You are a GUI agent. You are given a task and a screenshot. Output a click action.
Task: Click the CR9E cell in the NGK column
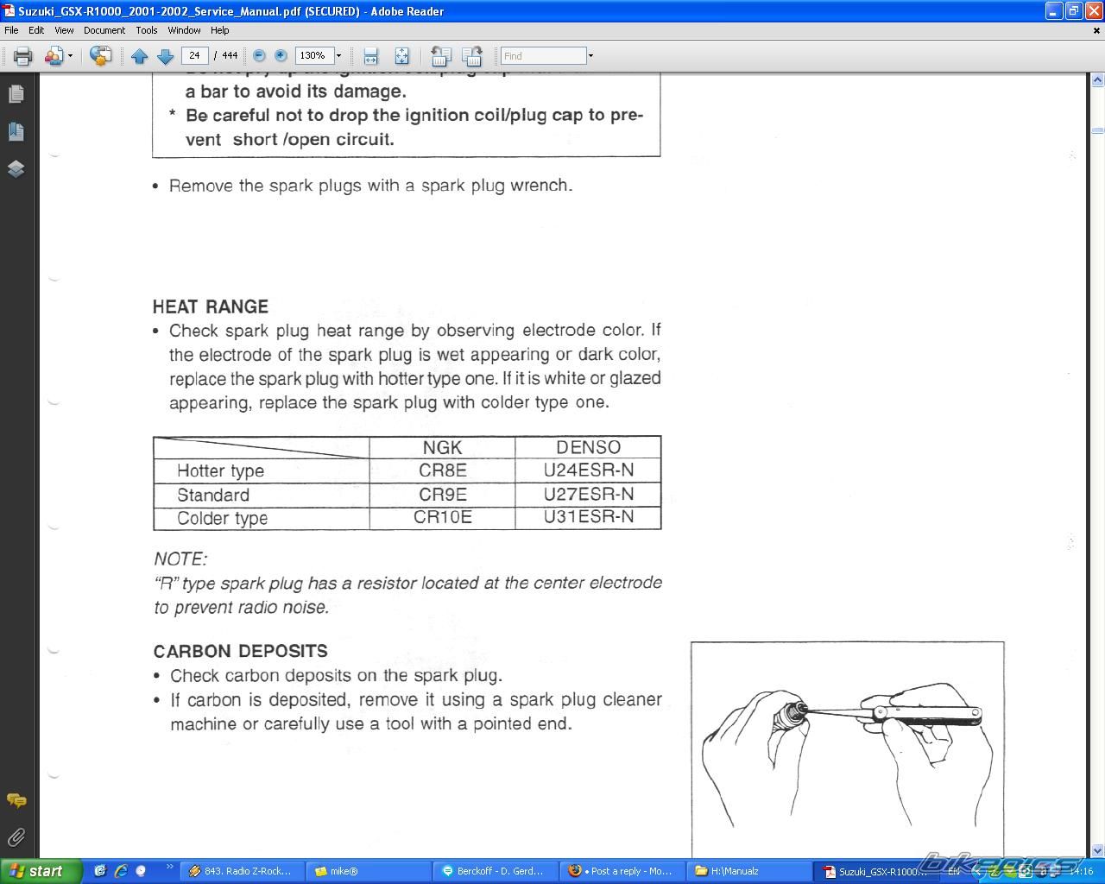pos(442,495)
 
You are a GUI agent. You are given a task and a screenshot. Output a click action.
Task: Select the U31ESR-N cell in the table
pos(588,517)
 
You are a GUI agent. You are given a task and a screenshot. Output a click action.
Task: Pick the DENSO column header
pos(588,447)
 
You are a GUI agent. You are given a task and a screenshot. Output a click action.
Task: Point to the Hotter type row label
pos(220,470)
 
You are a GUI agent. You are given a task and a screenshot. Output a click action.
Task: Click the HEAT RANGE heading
pos(211,306)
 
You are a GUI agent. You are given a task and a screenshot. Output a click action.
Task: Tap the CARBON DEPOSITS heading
pos(240,651)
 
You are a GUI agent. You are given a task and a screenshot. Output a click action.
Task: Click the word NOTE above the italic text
pos(180,559)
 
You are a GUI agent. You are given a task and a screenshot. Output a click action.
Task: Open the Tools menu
pos(146,30)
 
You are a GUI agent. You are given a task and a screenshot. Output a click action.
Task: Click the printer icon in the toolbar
pos(23,56)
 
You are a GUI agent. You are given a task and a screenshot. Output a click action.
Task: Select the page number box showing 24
pos(195,55)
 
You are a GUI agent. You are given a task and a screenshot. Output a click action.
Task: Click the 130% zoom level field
pos(313,55)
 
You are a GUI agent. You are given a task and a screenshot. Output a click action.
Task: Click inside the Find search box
pos(543,55)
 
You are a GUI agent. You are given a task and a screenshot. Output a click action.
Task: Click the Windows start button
pos(41,871)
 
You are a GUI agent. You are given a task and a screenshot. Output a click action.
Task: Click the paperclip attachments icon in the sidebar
pos(16,837)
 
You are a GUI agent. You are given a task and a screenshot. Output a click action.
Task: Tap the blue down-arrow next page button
pos(165,56)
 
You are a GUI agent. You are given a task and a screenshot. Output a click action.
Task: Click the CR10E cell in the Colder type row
pos(442,517)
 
